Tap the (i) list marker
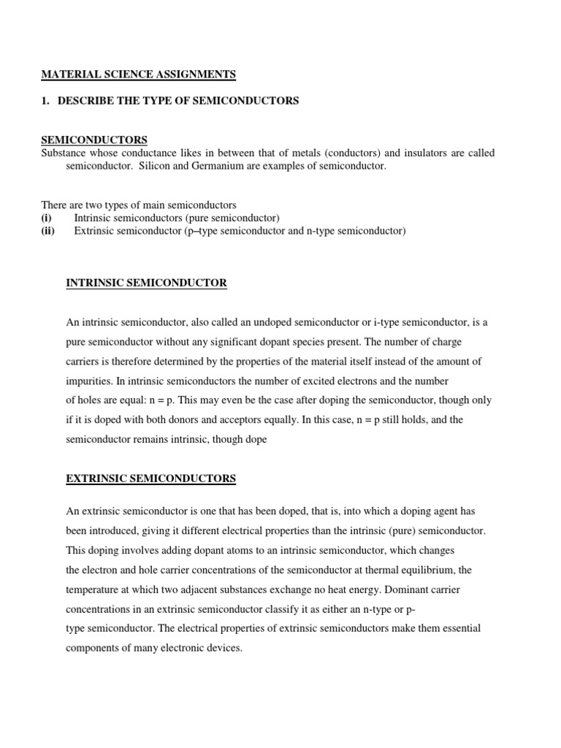(46, 218)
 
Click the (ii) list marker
(48, 232)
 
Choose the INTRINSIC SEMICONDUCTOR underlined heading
(146, 283)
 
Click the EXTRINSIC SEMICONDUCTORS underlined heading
(150, 478)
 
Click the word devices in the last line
(224, 648)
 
